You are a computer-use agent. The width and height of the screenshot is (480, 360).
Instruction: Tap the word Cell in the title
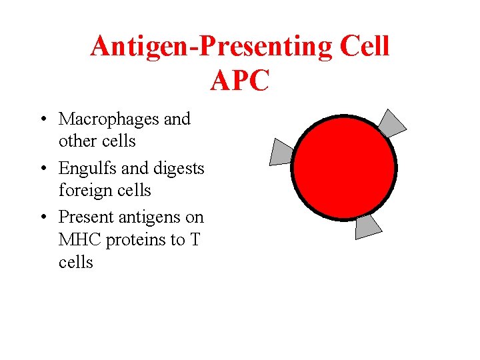click(x=364, y=47)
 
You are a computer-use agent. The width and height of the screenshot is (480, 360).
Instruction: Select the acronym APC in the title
click(x=239, y=81)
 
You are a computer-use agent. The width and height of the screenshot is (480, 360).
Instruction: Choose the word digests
click(x=179, y=169)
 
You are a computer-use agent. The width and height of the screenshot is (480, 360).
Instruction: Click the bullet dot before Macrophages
click(x=42, y=120)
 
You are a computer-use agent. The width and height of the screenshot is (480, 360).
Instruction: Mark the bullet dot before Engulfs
click(x=42, y=169)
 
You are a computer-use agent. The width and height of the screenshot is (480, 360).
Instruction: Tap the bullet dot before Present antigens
click(x=42, y=218)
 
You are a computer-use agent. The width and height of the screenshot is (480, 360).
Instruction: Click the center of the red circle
click(x=344, y=167)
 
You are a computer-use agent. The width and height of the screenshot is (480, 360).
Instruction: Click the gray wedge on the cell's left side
click(x=281, y=152)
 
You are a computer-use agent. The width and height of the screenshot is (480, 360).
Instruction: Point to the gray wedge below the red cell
click(x=366, y=226)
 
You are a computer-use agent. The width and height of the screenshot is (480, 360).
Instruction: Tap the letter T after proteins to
click(x=195, y=240)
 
